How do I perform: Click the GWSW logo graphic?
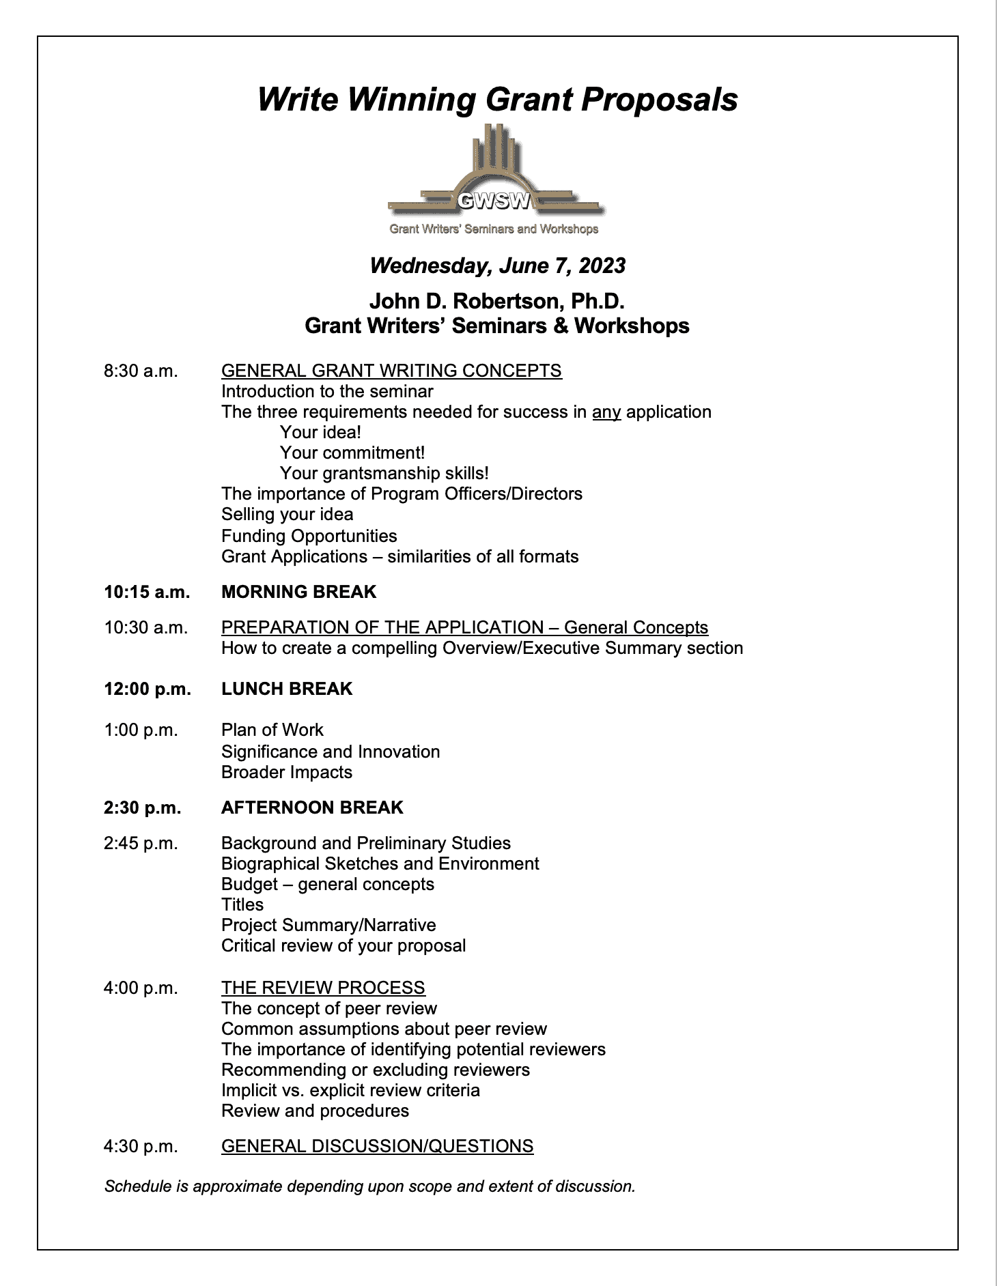(x=494, y=179)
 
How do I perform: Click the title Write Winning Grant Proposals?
(x=497, y=100)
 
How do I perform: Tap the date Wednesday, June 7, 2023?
(x=497, y=266)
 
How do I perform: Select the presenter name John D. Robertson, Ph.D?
(x=497, y=301)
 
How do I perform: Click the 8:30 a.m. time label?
(x=141, y=371)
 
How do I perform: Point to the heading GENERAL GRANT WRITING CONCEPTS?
(x=391, y=371)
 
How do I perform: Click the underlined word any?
(x=606, y=412)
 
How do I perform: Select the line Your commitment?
(x=352, y=453)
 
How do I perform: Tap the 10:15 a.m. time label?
(x=147, y=592)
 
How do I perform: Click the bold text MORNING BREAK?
(x=298, y=592)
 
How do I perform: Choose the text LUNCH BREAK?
(x=287, y=689)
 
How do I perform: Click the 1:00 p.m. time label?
(x=141, y=730)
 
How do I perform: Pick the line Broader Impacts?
(x=287, y=772)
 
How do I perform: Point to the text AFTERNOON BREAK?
(x=312, y=808)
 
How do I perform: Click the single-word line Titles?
(x=242, y=904)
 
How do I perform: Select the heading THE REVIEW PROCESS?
(x=323, y=988)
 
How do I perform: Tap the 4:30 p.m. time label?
(x=141, y=1146)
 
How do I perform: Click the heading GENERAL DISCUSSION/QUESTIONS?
(x=377, y=1146)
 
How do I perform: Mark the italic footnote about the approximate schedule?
(x=369, y=1186)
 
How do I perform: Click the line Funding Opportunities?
(x=309, y=536)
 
